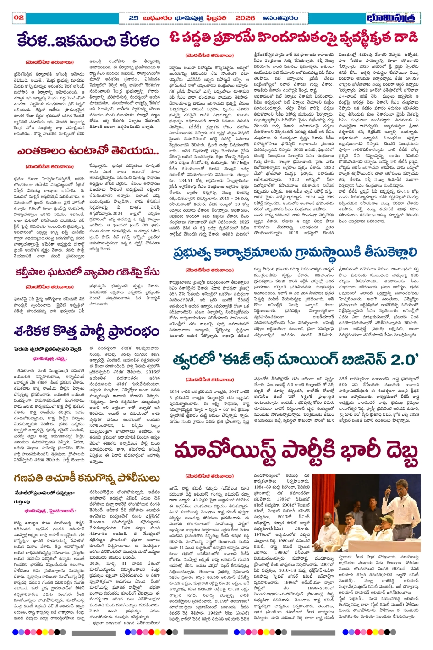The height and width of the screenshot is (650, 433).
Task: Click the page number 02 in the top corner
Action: tap(18, 17)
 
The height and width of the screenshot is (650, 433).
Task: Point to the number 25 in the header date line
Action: tap(133, 17)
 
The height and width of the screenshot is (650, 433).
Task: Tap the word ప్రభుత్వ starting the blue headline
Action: tap(195, 253)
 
